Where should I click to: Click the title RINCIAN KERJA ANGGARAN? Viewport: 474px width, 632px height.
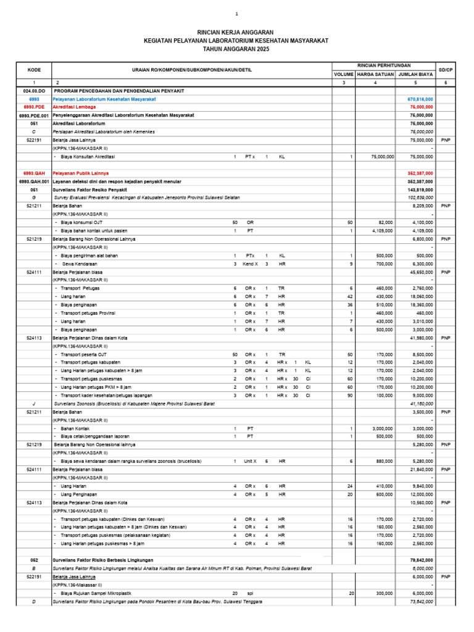pyautogui.click(x=234, y=32)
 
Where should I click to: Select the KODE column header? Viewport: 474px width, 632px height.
pyautogui.click(x=35, y=70)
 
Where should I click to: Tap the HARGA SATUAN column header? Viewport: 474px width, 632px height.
pyautogui.click(x=375, y=74)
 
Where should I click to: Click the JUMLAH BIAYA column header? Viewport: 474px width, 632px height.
pyautogui.click(x=415, y=74)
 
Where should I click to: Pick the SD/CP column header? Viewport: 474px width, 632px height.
pyautogui.click(x=445, y=70)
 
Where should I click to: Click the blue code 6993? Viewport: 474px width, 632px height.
pyautogui.click(x=35, y=99)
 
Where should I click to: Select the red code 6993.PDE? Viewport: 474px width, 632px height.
pyautogui.click(x=35, y=107)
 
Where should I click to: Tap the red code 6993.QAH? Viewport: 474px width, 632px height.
pyautogui.click(x=35, y=173)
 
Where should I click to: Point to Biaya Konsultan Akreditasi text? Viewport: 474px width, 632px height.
pyautogui.click(x=89, y=157)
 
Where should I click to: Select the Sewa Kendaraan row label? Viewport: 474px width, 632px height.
pyautogui.click(x=80, y=264)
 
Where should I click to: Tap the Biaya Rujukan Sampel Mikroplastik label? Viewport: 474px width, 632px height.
pyautogui.click(x=99, y=593)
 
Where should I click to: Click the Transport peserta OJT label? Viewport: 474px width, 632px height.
pyautogui.click(x=85, y=355)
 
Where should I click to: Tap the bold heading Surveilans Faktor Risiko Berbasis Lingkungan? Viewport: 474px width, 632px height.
pyautogui.click(x=103, y=560)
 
